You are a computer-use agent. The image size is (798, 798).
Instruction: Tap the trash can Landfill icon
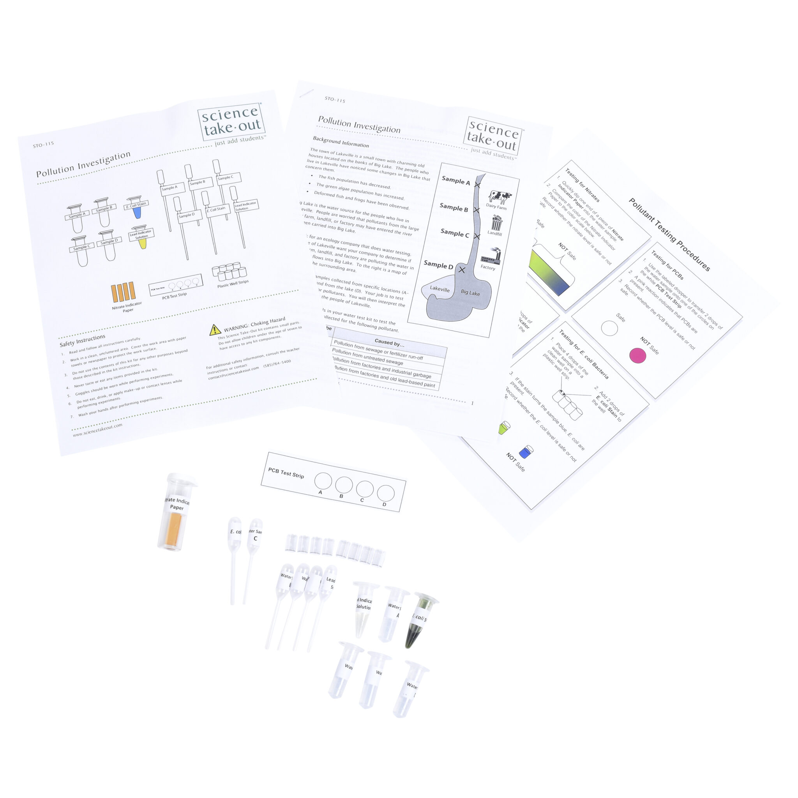pyautogui.click(x=496, y=223)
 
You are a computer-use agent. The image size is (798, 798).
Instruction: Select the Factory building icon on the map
pyautogui.click(x=491, y=256)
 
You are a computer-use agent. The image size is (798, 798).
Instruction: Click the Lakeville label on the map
pyautogui.click(x=440, y=289)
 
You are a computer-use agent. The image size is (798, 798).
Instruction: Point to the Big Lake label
pyautogui.click(x=470, y=293)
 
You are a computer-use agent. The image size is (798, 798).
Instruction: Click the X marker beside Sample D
pyautogui.click(x=462, y=270)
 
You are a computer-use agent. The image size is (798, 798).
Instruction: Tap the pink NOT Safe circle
pyautogui.click(x=637, y=356)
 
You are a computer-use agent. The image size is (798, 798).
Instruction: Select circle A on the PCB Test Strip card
pyautogui.click(x=323, y=481)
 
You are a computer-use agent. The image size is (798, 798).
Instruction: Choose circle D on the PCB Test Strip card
pyautogui.click(x=385, y=493)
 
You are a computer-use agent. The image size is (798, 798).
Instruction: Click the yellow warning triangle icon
pyautogui.click(x=215, y=330)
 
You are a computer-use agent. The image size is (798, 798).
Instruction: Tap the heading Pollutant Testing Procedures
pyautogui.click(x=669, y=235)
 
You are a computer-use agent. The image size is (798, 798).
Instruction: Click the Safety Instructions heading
pyautogui.click(x=82, y=340)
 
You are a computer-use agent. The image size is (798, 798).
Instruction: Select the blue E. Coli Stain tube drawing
pyautogui.click(x=137, y=212)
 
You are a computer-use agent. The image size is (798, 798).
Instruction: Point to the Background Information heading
pyautogui.click(x=341, y=142)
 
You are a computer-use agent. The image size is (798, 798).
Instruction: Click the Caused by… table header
pyautogui.click(x=389, y=343)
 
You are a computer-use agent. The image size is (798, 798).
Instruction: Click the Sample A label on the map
pyautogui.click(x=455, y=180)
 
